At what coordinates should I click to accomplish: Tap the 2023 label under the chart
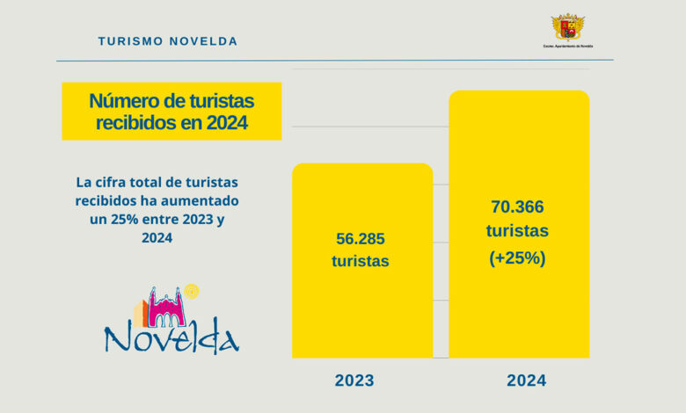(x=354, y=380)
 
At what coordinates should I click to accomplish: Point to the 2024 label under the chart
(x=526, y=380)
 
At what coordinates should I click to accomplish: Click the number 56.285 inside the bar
(x=361, y=239)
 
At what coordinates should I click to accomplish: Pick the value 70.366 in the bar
(x=518, y=207)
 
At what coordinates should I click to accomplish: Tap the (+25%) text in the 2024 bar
(x=518, y=257)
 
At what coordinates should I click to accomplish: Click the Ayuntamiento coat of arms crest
(x=568, y=27)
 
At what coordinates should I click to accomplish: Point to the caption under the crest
(x=568, y=46)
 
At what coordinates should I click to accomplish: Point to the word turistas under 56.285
(x=361, y=261)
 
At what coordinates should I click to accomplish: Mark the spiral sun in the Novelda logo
(x=193, y=291)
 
